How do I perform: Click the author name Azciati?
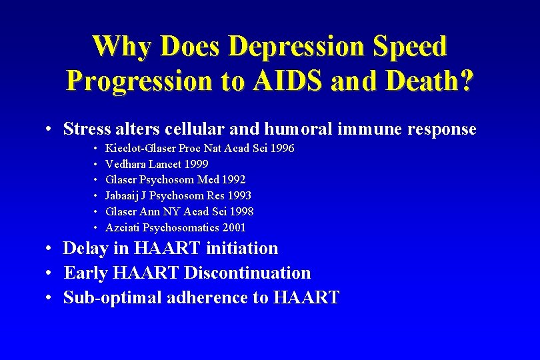click(123, 228)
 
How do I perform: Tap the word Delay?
click(84, 249)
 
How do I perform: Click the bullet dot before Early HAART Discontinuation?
click(51, 273)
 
